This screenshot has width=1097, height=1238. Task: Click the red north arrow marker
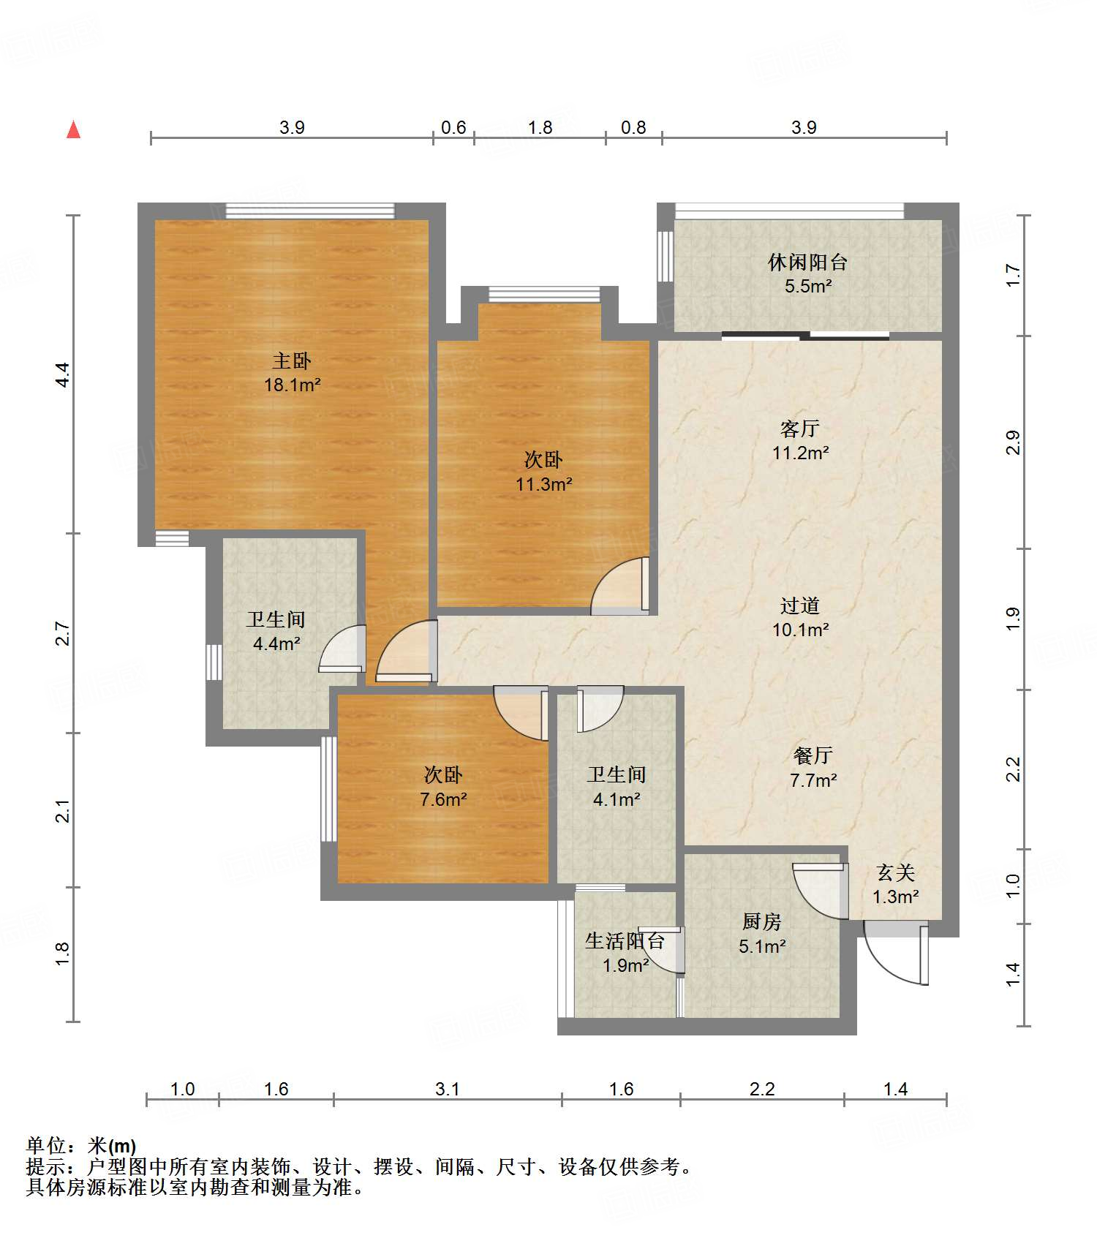(x=73, y=129)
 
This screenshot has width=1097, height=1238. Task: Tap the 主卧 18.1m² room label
(x=293, y=372)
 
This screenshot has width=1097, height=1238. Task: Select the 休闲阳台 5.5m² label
(x=808, y=273)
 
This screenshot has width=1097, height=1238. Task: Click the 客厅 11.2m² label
(x=800, y=440)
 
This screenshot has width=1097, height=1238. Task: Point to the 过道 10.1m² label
(x=800, y=617)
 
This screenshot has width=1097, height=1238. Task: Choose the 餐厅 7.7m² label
(x=813, y=767)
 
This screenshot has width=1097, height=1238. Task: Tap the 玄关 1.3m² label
(x=896, y=884)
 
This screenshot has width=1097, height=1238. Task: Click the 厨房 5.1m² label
(x=762, y=934)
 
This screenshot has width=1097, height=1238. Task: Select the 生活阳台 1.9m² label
(x=625, y=953)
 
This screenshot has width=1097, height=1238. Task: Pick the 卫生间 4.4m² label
(x=276, y=631)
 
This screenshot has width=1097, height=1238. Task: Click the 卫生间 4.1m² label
(x=617, y=787)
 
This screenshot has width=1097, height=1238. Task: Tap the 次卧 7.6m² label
(x=443, y=787)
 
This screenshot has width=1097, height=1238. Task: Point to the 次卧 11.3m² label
(x=543, y=472)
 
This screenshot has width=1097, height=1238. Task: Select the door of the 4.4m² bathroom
(x=342, y=649)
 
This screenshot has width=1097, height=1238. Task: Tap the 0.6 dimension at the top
(x=453, y=127)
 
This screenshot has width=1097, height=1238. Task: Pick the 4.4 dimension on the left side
(x=63, y=374)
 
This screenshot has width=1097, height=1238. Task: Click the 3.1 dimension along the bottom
(x=448, y=1089)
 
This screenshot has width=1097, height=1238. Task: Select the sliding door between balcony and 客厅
(x=805, y=336)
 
